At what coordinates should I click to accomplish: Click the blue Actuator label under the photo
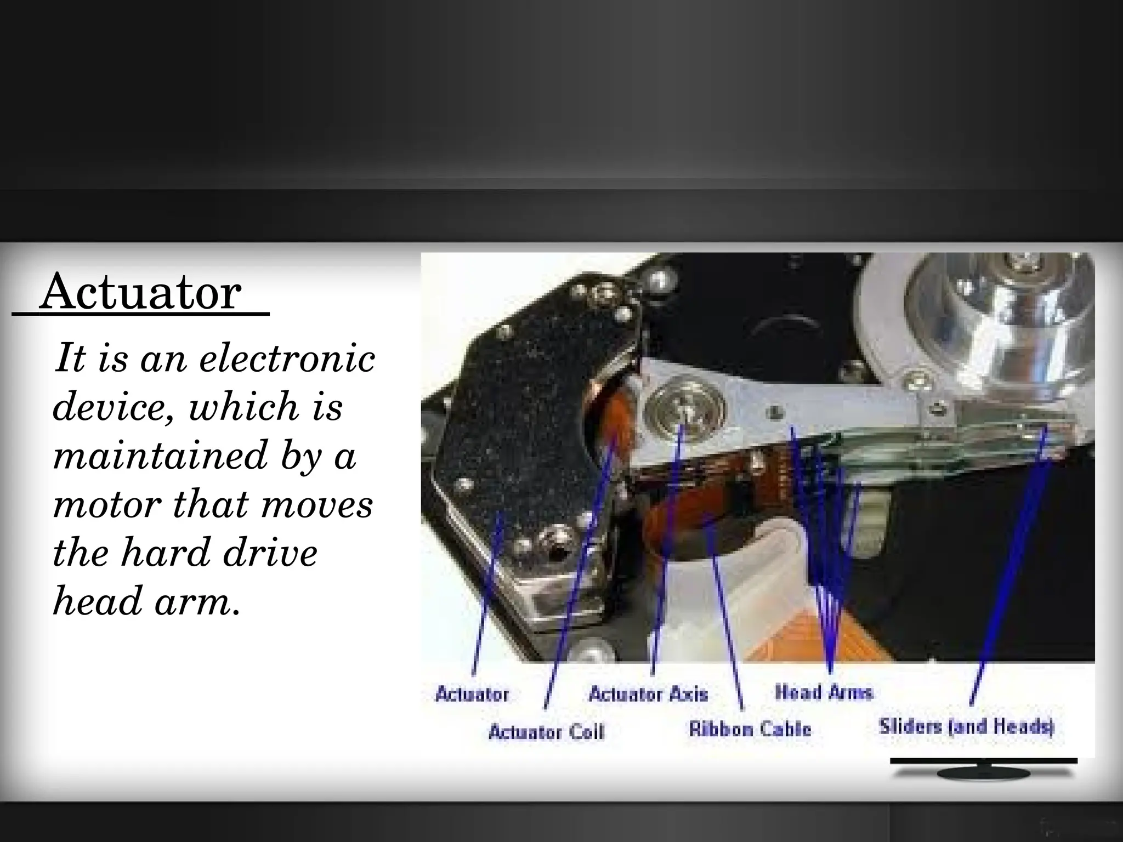(x=472, y=695)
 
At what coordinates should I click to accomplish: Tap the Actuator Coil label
(x=546, y=732)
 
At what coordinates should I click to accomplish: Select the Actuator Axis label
(x=648, y=695)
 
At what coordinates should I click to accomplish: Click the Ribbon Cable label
(x=750, y=729)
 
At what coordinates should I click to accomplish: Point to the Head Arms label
(x=824, y=692)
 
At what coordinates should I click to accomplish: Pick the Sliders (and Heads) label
(x=967, y=727)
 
